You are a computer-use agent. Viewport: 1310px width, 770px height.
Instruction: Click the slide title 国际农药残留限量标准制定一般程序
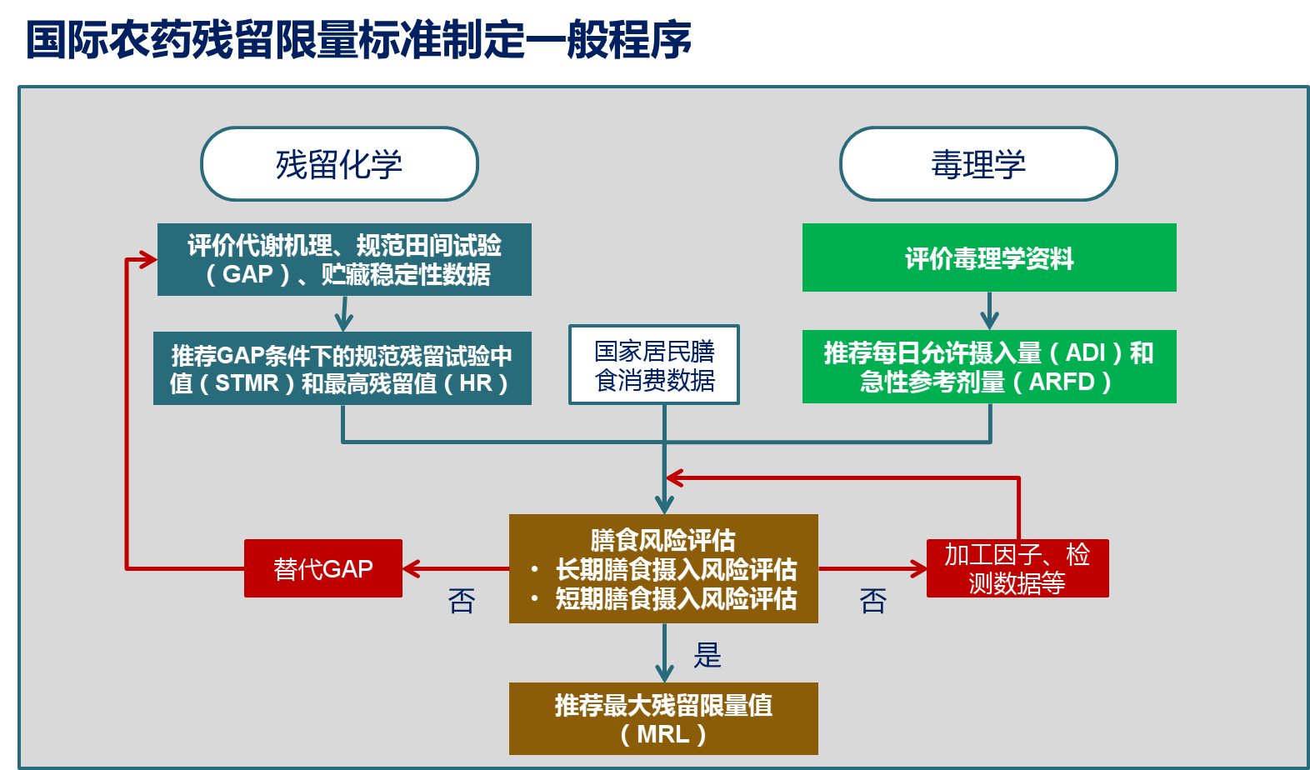(x=357, y=39)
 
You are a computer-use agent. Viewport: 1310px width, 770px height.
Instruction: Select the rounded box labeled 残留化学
(x=339, y=163)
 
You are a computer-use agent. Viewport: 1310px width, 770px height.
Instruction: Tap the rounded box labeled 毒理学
(x=978, y=163)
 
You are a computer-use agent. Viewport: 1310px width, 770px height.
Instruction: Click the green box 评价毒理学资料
(x=989, y=257)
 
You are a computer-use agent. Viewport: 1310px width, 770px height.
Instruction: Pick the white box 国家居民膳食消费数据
(x=654, y=365)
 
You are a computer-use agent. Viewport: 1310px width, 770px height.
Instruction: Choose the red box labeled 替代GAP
(x=322, y=568)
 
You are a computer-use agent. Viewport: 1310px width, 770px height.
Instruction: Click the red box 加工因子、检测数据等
(x=1017, y=568)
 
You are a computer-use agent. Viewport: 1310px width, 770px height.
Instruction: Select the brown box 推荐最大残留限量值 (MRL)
(x=663, y=718)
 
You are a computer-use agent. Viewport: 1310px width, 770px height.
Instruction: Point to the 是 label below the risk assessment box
(x=707, y=655)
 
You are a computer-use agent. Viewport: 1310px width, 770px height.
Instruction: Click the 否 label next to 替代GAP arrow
(x=462, y=601)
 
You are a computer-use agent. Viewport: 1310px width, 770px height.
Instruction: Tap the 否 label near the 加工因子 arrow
(x=872, y=601)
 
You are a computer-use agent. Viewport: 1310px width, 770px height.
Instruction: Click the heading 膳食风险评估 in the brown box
(x=662, y=540)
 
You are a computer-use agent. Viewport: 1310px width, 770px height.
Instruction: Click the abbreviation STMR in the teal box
(x=247, y=383)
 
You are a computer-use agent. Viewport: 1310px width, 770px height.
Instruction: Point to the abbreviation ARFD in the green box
(x=1062, y=382)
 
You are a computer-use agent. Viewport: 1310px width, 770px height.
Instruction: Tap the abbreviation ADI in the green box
(x=1087, y=353)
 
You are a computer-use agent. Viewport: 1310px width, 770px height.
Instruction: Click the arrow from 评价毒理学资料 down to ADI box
(x=989, y=311)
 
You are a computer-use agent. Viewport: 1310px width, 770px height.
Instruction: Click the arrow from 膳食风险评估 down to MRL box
(x=664, y=653)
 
